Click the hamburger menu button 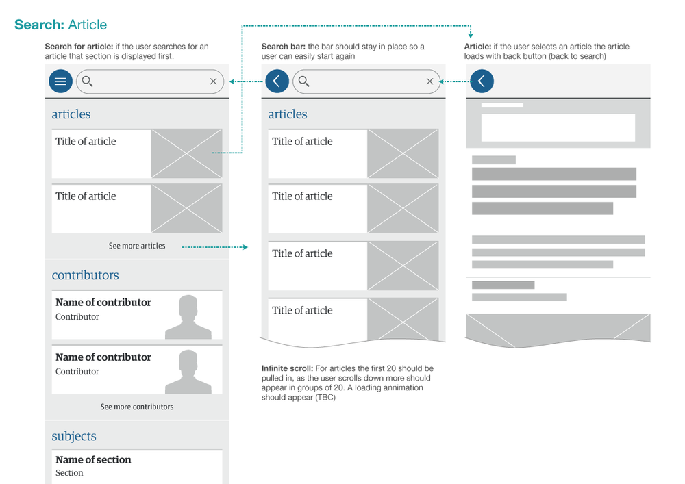60,81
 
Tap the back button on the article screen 482,81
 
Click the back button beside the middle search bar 277,81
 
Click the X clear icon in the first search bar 213,81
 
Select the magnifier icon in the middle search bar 304,81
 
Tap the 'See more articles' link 137,246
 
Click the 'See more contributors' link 137,407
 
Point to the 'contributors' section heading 85,275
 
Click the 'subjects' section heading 74,436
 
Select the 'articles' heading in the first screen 71,114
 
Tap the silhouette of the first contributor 187,316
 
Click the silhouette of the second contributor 187,371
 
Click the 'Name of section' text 93,460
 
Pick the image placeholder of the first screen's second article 186,209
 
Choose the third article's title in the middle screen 302,253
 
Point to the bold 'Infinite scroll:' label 287,368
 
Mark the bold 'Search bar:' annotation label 283,47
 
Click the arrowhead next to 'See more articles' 245,246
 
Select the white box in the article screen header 558,127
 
